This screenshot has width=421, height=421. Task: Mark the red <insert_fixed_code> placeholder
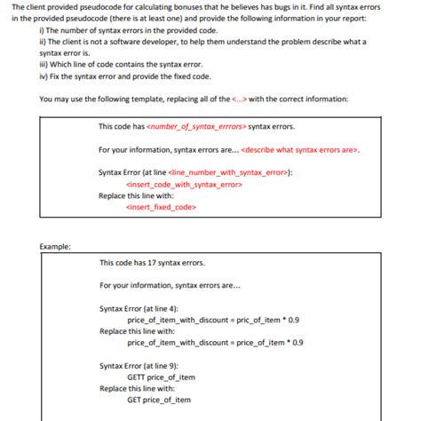[161, 207]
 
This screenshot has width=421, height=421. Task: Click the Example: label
[56, 245]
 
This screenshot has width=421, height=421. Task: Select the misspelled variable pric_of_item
[247, 319]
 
